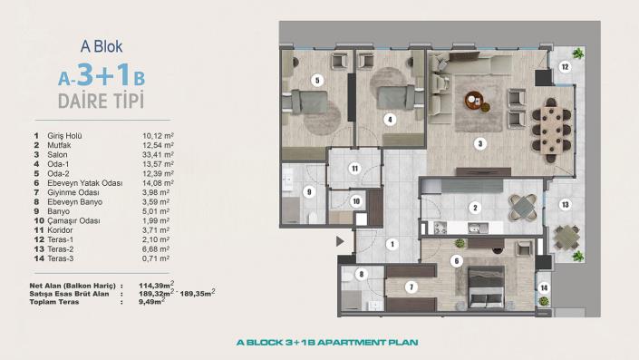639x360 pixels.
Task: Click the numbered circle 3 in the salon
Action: coord(480,143)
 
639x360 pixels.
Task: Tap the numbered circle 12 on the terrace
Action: coord(563,66)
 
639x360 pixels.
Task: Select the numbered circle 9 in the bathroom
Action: coord(309,191)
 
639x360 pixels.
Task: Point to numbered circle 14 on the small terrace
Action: coord(544,288)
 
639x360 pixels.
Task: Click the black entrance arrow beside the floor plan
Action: coord(340,242)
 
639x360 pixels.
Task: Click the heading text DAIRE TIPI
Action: coord(89,98)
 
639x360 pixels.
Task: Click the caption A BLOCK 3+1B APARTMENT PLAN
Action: coord(319,343)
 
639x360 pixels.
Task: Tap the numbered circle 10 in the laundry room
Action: coord(356,201)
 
